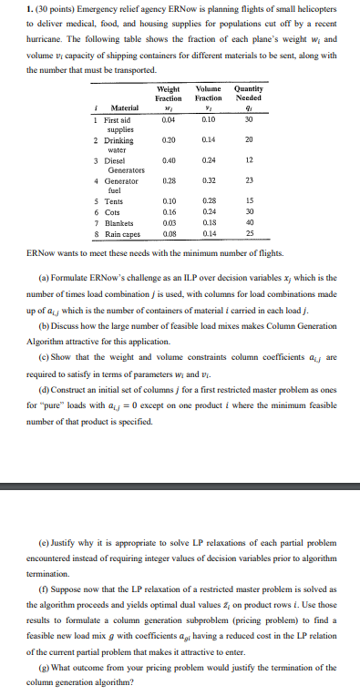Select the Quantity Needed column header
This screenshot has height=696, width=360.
(x=248, y=94)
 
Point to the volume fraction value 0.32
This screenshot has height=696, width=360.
(x=209, y=181)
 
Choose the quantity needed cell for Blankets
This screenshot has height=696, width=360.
(x=248, y=220)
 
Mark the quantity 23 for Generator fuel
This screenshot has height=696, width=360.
(x=248, y=181)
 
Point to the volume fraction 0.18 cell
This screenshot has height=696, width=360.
(x=209, y=220)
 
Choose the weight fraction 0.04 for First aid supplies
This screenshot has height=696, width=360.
(x=168, y=118)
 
